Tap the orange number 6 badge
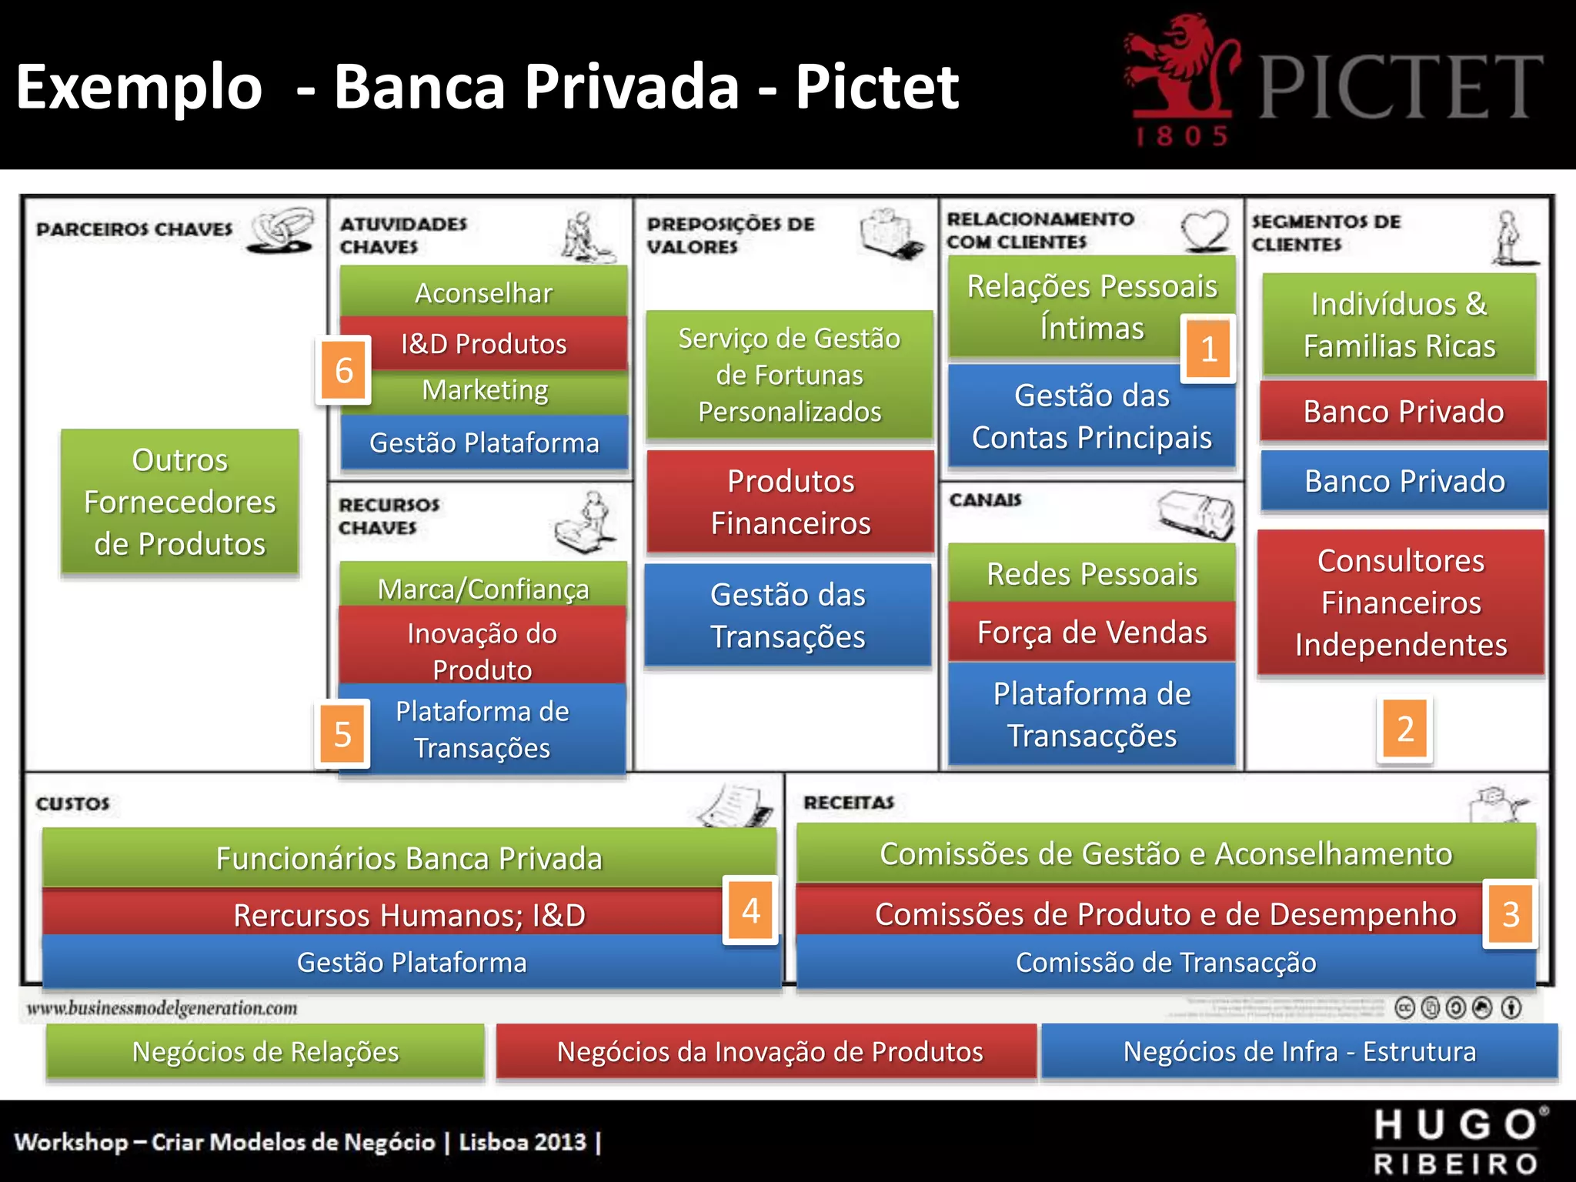coord(343,370)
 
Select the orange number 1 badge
coord(1208,349)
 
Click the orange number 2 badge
coord(1404,729)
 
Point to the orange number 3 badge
coord(1510,913)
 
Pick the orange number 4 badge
coord(750,910)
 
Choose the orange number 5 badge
coord(342,734)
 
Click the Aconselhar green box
coord(483,292)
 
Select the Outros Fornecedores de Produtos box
coord(179,502)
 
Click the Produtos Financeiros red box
coord(790,502)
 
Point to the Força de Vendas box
coord(1091,632)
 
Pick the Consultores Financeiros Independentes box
coord(1401,603)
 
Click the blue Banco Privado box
coord(1404,481)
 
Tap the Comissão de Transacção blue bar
coord(1165,963)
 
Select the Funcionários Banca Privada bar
coord(409,857)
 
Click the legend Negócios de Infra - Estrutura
coord(1299,1051)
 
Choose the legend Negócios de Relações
coord(265,1051)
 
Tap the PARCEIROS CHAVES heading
coord(134,229)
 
